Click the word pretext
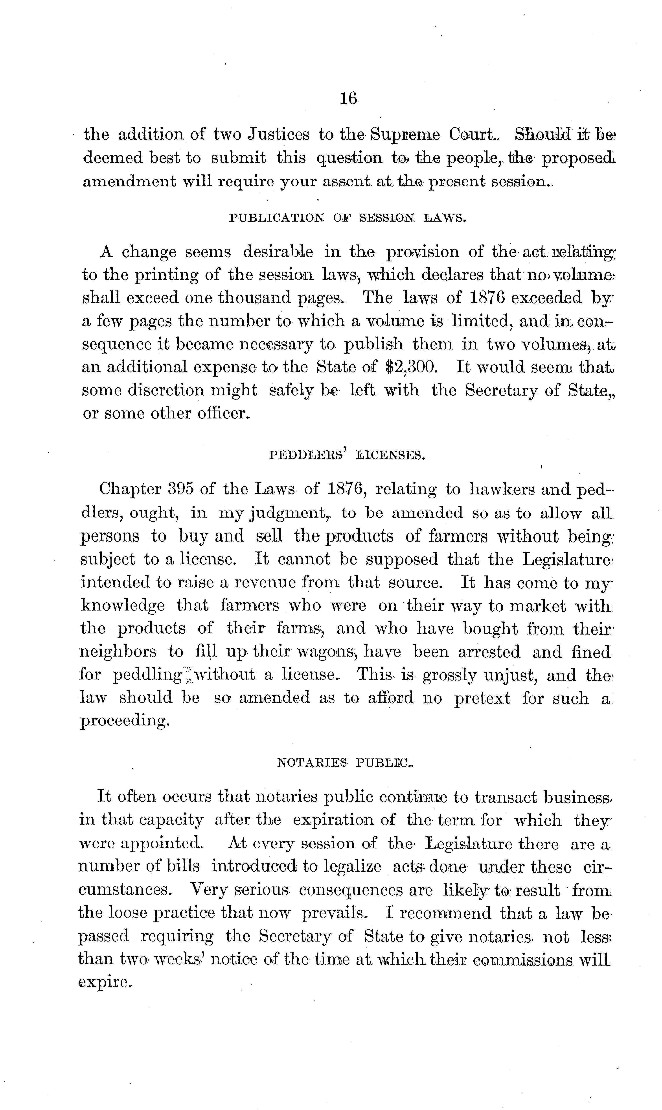pos(482,698)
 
